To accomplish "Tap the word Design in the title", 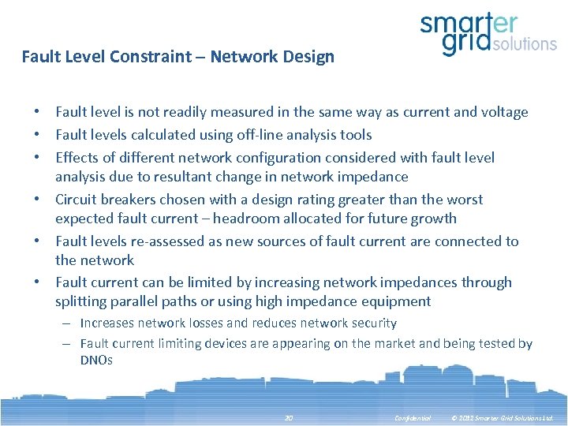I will (310, 57).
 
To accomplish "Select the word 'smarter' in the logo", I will (469, 23).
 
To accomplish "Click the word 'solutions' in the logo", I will (524, 44).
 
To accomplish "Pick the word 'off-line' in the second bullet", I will (260, 135).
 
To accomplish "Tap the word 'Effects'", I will (77, 158).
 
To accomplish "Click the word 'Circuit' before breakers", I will (77, 200).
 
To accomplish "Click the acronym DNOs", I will (96, 360).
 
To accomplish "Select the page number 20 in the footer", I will (289, 417).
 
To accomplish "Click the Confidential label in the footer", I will (413, 417).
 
